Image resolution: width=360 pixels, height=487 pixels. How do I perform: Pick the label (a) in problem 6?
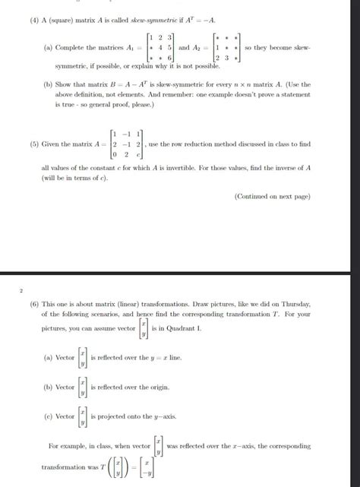[x=49, y=356]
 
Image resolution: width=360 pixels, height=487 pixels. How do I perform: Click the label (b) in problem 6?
[x=49, y=387]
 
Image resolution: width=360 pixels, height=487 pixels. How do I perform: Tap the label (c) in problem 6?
[x=49, y=416]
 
